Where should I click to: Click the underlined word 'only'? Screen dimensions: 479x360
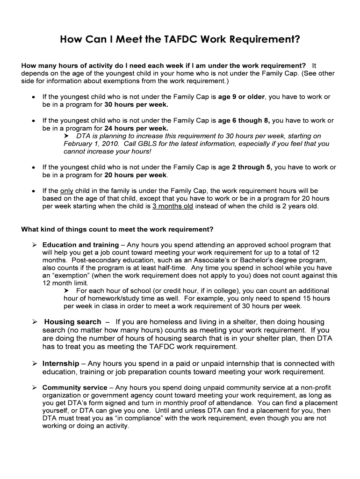[x=67, y=191]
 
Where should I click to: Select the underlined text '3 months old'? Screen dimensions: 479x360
[x=173, y=206]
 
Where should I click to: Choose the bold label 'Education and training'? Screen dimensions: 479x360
[x=80, y=245]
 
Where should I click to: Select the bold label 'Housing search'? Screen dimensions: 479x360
[x=72, y=322]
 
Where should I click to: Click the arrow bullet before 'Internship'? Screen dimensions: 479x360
[x=35, y=363]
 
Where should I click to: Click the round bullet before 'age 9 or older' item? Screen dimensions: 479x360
[x=34, y=97]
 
